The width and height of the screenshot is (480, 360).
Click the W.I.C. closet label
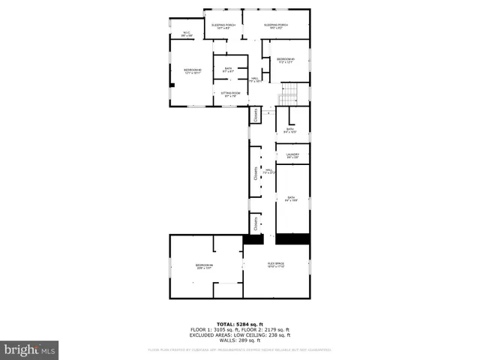187,34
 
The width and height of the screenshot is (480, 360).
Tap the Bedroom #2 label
192,71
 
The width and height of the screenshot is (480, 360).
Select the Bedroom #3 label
286,61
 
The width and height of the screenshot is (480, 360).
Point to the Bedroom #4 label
205,266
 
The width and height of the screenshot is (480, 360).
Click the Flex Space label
276,265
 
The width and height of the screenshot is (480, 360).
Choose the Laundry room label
292,155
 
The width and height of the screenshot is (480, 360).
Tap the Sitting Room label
229,94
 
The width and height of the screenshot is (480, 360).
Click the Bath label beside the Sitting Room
228,70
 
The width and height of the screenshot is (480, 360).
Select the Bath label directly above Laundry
289,130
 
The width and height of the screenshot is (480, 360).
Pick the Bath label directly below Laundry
292,199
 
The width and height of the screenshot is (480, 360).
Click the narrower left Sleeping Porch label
223,26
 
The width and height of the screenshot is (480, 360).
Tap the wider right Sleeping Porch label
276,26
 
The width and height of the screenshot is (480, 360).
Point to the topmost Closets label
255,114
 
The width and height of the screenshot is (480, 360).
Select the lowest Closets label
255,223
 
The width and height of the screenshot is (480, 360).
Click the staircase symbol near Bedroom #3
289,95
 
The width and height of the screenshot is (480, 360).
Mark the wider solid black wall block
292,239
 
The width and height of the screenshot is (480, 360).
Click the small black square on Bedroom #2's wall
172,85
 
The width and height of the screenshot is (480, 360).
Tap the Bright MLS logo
30,349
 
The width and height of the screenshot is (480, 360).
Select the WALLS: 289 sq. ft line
240,340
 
